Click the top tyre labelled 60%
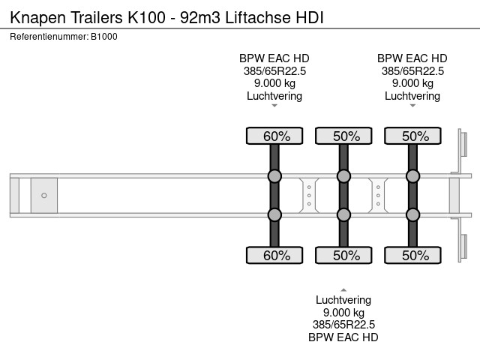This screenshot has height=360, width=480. [x=274, y=136]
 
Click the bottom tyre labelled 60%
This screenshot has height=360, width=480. [x=274, y=255]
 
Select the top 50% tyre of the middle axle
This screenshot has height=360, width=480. [x=343, y=136]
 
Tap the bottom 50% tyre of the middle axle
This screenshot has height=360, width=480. [x=343, y=255]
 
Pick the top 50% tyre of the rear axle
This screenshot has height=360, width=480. [x=412, y=136]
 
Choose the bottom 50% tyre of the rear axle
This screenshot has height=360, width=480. [x=412, y=255]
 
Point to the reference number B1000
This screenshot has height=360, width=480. [x=103, y=36]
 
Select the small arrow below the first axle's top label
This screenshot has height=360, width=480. [x=274, y=106]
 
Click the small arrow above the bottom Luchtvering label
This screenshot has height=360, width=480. [x=343, y=289]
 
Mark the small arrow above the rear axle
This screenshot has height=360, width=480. [x=412, y=106]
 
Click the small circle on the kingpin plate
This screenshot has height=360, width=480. [x=44, y=196]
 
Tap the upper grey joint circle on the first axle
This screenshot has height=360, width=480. [x=274, y=177]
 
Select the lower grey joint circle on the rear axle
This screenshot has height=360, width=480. [x=412, y=214]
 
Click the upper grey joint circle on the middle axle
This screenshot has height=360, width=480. [x=343, y=177]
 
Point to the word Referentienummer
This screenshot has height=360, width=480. [x=49, y=36]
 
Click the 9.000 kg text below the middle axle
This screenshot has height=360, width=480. [x=343, y=313]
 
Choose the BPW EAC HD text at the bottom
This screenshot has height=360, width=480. [x=343, y=337]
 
